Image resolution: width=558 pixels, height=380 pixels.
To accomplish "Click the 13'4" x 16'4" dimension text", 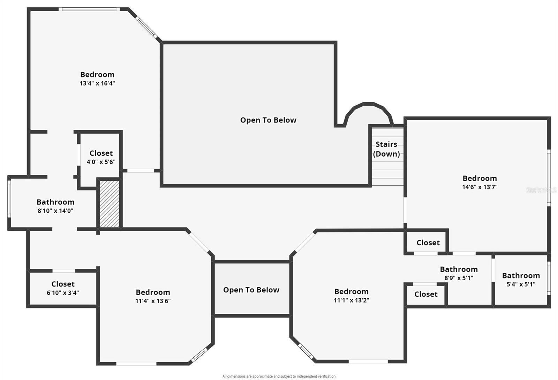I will (97, 83).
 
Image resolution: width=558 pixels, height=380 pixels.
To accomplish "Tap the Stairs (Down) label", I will (386, 149).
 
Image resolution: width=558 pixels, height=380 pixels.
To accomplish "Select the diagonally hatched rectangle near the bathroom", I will (110, 204).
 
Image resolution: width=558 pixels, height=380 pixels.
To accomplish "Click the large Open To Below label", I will (268, 120).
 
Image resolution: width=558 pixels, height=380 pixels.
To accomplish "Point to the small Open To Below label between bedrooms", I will (251, 290).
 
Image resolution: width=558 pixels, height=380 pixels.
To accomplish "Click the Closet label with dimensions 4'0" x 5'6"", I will (101, 153).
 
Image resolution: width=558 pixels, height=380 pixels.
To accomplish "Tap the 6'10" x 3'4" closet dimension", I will (63, 293).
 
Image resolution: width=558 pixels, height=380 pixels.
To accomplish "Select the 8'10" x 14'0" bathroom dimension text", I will (55, 211).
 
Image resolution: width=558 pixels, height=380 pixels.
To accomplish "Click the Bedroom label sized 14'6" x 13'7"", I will (480, 178).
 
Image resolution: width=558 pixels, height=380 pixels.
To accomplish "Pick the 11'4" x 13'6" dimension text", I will (153, 301).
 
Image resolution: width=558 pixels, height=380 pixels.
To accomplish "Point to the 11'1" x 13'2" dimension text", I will (351, 300).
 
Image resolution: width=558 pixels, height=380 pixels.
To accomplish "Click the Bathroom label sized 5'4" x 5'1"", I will (521, 276).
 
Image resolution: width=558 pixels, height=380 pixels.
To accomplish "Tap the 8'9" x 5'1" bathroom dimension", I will (459, 278).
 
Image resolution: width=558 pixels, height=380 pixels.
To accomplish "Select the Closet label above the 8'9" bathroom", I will (428, 243).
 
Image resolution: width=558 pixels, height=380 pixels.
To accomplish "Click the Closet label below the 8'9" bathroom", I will (426, 294).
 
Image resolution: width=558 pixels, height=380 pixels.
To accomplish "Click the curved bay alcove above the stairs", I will (368, 114).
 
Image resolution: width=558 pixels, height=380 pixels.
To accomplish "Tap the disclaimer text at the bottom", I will (279, 376).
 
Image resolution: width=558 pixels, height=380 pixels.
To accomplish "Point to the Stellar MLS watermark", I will (541, 190).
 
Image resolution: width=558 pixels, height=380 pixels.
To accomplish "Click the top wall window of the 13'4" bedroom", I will (89, 9).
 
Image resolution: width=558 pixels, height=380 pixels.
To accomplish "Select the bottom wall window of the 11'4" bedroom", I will (136, 364).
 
